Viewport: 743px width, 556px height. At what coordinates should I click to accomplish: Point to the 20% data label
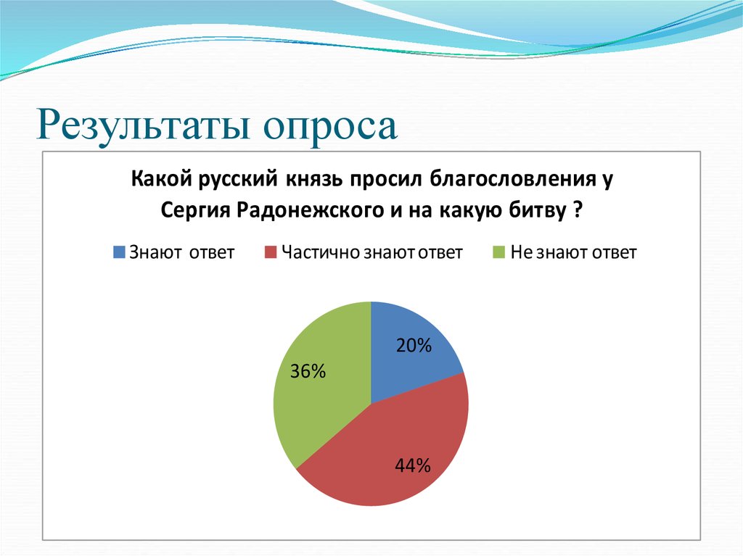pos(414,347)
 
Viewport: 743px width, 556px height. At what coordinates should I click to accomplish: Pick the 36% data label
pos(308,373)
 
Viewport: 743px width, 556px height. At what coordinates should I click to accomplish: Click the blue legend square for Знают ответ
pos(119,253)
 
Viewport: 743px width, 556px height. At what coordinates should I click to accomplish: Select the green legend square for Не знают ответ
pos(498,253)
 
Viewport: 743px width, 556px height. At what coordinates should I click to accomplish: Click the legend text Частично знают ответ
pos(371,253)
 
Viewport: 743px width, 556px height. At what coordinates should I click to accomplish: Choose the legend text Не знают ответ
pos(573,253)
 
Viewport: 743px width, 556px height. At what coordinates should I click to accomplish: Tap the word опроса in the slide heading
pos(330,125)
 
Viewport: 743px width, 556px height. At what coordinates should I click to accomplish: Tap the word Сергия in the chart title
pos(194,210)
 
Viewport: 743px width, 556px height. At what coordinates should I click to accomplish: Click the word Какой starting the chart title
pos(155,178)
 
